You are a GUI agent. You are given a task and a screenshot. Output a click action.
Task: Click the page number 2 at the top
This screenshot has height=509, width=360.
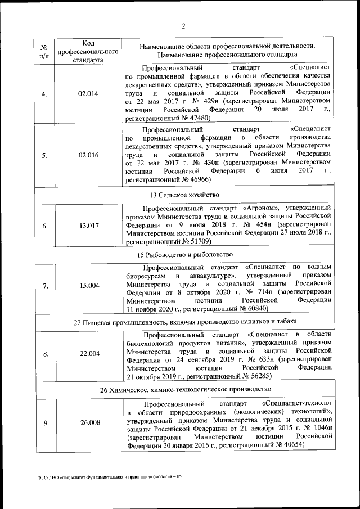183,24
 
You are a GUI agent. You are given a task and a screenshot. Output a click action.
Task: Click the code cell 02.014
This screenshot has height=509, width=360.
89,93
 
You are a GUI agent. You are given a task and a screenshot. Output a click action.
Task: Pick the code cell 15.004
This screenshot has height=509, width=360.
89,286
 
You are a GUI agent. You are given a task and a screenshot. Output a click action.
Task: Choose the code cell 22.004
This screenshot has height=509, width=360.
89,354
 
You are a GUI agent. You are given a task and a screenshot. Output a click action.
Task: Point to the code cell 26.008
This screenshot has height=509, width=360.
89,422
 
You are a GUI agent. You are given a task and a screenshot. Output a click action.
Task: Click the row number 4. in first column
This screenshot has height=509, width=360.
45,93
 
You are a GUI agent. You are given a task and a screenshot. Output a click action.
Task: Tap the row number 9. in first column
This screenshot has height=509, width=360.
45,422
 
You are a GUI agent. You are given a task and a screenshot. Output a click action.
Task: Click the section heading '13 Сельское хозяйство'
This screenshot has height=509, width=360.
183,195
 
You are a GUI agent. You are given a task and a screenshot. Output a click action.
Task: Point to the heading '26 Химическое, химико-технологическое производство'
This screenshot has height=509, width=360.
183,389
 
